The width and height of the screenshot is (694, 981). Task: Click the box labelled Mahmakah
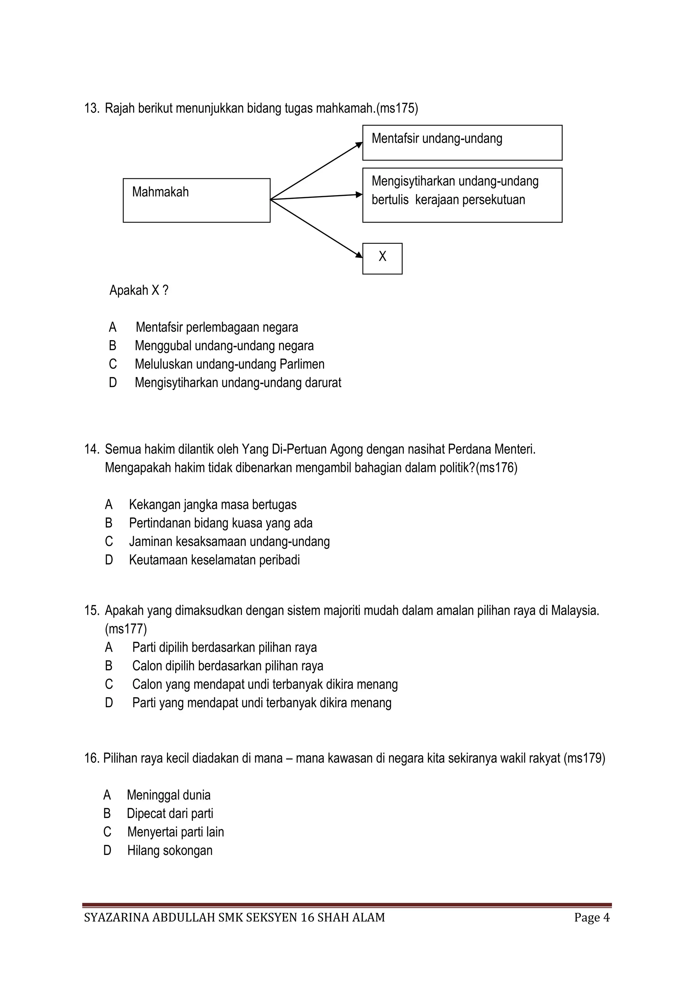coord(197,201)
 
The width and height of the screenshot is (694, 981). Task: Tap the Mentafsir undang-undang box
coord(462,143)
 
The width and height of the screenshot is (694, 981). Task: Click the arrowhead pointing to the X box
coord(359,255)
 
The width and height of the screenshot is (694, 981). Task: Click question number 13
coord(91,108)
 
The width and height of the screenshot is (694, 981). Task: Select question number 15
coord(91,610)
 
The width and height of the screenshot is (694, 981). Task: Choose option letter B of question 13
coord(113,346)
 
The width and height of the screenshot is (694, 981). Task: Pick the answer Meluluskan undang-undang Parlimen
coord(229,364)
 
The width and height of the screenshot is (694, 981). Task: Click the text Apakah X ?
coord(139,291)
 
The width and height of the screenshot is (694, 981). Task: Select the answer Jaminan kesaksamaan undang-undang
coord(229,541)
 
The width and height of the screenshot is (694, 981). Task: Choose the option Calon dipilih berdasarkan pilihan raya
coord(227,666)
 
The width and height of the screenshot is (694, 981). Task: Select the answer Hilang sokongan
coord(170,850)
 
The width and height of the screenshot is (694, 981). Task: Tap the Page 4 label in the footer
coord(592,917)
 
